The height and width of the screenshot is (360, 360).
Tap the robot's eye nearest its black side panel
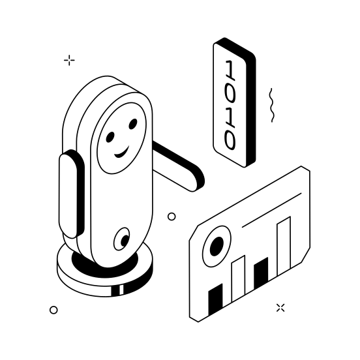click(110, 136)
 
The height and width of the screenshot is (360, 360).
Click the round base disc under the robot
click(104, 277)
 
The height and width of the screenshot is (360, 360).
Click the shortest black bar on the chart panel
click(215, 301)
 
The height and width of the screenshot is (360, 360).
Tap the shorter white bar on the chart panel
click(239, 281)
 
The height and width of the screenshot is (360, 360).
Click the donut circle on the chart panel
click(215, 246)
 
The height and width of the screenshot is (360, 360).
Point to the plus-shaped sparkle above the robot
click(69, 61)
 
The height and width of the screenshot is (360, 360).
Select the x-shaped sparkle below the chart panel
click(280, 307)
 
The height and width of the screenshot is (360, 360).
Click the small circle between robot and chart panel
click(172, 217)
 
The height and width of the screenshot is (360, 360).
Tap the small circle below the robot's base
click(53, 310)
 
